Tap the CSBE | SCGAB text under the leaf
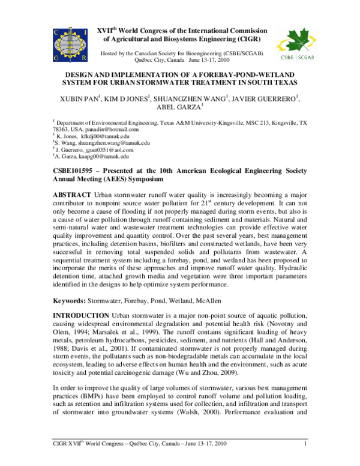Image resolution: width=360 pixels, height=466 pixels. tap(296, 58)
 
